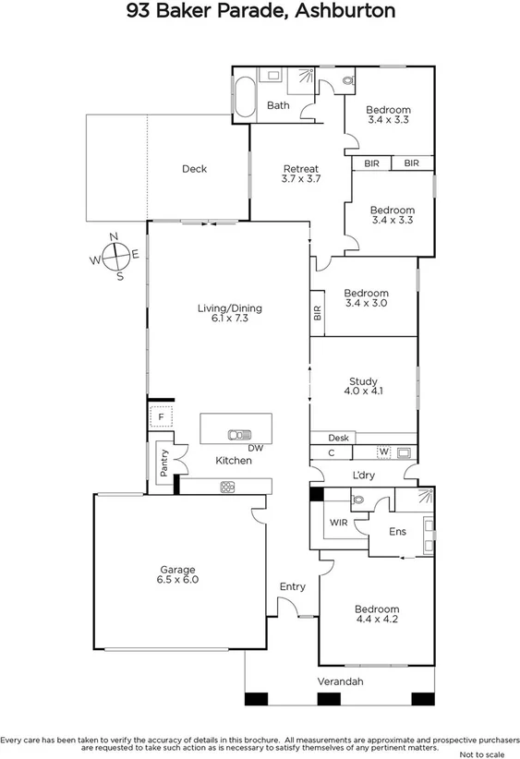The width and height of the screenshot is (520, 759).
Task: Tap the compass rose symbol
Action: tap(115, 256)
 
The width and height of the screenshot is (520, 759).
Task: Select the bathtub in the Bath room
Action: tap(243, 99)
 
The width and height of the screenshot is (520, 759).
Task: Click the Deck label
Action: tap(194, 169)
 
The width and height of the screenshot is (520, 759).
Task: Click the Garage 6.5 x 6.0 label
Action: tap(177, 575)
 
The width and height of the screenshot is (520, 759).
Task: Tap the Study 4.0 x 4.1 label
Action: tap(364, 386)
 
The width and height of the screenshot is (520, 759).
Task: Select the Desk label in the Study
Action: tap(338, 438)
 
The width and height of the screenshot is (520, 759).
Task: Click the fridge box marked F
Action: tap(161, 417)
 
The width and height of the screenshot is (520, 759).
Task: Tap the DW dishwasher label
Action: tap(256, 449)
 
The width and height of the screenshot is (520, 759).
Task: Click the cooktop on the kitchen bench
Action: tap(226, 487)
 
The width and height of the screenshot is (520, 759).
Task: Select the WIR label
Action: tap(338, 522)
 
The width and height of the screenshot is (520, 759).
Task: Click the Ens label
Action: tap(397, 532)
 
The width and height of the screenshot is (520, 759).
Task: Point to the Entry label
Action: tap(292, 586)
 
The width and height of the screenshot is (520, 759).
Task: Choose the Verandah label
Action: tap(341, 681)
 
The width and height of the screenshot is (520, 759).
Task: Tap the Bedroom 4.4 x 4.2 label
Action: tap(377, 615)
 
